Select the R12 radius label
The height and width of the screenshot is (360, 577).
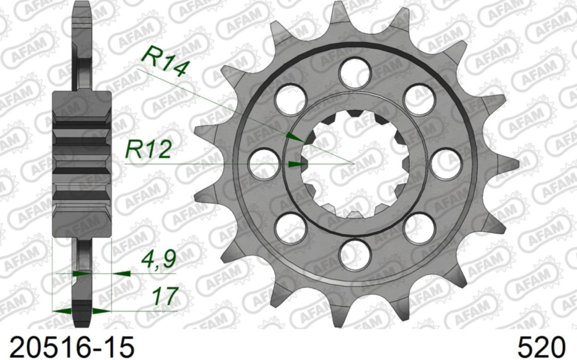click(x=148, y=150)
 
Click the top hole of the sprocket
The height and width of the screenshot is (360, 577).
click(x=354, y=73)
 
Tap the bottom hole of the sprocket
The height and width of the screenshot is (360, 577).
click(x=354, y=254)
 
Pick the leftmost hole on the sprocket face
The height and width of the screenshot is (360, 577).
click(x=263, y=163)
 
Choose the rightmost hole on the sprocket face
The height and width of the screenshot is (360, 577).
click(x=445, y=163)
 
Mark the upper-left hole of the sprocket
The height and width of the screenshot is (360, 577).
click(x=290, y=99)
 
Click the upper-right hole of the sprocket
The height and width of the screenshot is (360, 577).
click(x=419, y=99)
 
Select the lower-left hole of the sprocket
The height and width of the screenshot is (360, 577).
click(x=290, y=228)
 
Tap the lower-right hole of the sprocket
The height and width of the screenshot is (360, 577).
click(x=419, y=228)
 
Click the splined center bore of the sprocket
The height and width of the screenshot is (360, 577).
click(x=354, y=163)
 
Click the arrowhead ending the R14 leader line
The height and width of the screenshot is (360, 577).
click(x=295, y=137)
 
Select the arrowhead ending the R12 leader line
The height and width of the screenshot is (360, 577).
click(x=298, y=164)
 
